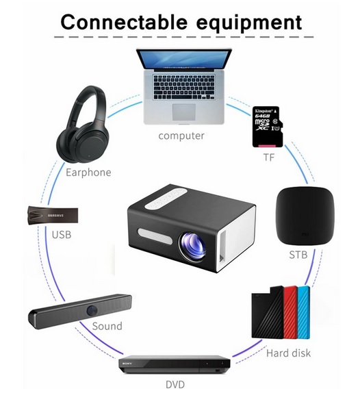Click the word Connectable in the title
(124, 22)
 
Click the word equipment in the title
(248, 24)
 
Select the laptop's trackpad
(184, 112)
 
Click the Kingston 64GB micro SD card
(268, 127)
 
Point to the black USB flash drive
(53, 215)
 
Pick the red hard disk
(291, 312)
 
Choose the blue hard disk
(303, 312)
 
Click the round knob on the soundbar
(92, 309)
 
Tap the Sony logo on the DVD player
(127, 364)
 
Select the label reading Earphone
(88, 173)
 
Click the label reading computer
(181, 136)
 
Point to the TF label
(269, 157)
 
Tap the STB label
(298, 255)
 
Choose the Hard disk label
(288, 353)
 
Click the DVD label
(175, 385)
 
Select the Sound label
(107, 326)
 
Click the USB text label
(62, 235)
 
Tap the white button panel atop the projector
(166, 199)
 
